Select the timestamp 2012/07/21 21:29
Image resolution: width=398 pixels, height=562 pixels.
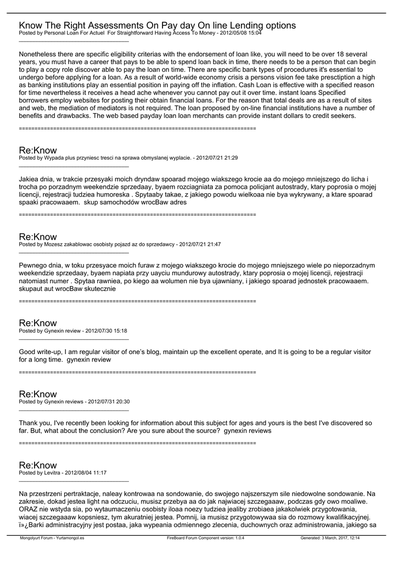pos(217,158)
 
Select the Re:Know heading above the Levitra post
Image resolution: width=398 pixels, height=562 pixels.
pos(38,465)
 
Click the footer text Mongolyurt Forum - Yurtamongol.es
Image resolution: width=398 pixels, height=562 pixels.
pos(52,538)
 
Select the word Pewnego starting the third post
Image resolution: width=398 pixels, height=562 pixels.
pos(34,265)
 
